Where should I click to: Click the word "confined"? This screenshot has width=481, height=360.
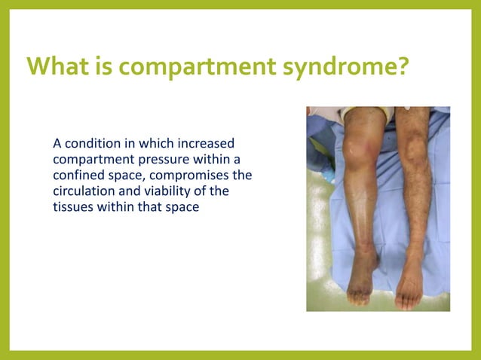coord(78,175)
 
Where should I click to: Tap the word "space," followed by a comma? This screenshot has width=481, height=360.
coord(130,175)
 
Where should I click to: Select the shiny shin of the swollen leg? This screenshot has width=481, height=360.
coord(365,203)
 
